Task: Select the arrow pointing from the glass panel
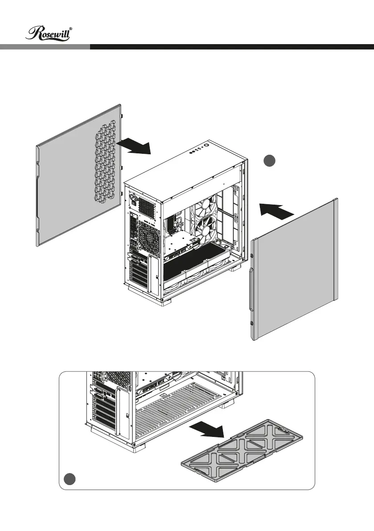coord(277,209)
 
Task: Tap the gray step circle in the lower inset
coord(68,479)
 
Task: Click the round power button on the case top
coord(207,145)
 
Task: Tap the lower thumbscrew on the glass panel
coord(252,323)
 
